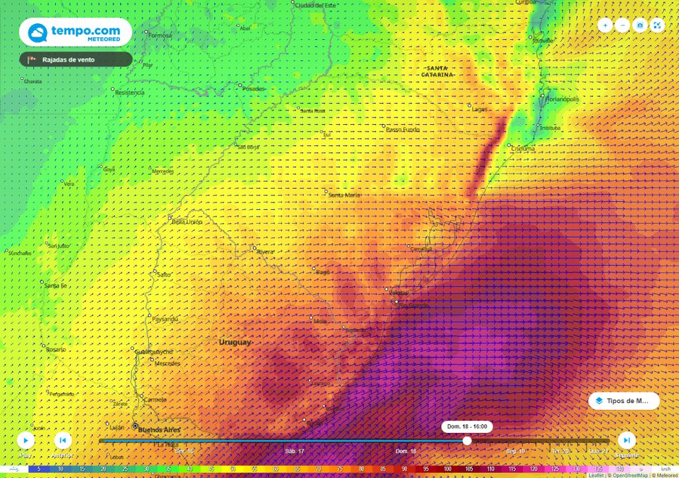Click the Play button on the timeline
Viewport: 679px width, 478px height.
point(25,440)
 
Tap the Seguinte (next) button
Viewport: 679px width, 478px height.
point(627,440)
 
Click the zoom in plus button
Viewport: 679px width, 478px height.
point(605,25)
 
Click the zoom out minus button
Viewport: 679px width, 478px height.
point(623,25)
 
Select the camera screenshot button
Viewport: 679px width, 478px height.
point(640,25)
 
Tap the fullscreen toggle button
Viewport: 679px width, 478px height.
point(657,25)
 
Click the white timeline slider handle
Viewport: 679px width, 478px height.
point(467,441)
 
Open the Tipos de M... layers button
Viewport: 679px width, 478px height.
point(624,401)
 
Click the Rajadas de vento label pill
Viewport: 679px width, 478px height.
point(76,60)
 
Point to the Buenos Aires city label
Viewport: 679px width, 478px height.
point(159,430)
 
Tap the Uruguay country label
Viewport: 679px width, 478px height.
point(235,342)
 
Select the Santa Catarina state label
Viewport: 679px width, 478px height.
point(437,72)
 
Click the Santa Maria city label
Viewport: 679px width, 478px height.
point(345,195)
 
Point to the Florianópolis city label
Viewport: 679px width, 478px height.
point(562,99)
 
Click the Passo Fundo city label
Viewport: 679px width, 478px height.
point(402,129)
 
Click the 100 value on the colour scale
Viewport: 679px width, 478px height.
point(448,469)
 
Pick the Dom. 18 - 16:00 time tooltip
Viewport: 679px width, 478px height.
point(467,426)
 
